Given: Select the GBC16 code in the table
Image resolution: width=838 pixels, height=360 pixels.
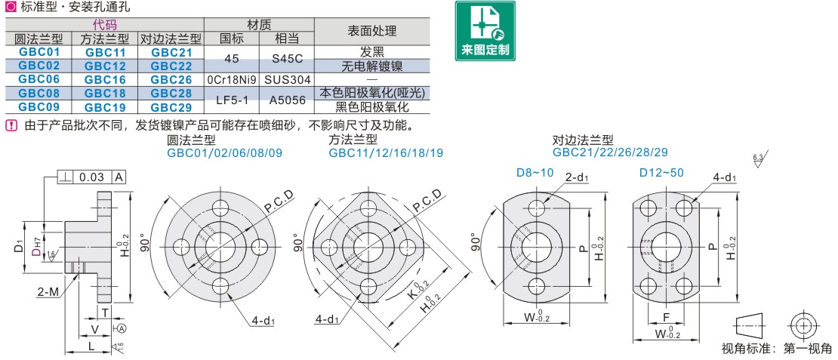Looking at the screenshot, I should tap(105, 79).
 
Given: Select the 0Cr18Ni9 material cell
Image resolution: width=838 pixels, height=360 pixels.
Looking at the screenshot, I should tap(232, 79).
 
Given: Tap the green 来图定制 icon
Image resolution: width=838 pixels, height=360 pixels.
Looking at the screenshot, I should tap(485, 31).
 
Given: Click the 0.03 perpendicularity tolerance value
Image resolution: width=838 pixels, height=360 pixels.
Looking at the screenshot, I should tap(91, 177).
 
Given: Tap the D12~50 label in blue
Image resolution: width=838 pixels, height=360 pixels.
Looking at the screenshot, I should tap(661, 173).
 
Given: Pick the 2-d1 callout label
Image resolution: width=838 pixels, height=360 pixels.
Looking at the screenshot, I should tap(578, 177).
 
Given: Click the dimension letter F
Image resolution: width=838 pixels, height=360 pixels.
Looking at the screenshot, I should tap(665, 318).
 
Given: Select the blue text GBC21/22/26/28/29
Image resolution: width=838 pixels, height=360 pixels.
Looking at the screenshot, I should tap(609, 152).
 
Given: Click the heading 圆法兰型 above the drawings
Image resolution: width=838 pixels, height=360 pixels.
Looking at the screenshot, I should tap(191, 140).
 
